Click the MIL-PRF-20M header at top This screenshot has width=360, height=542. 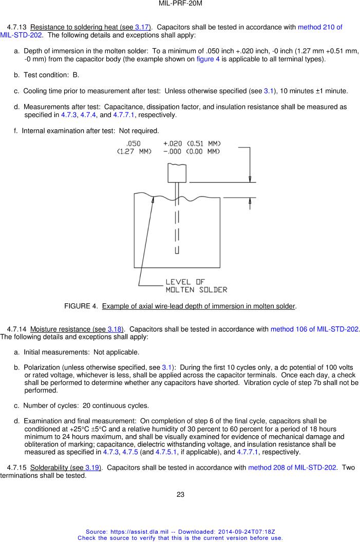180,4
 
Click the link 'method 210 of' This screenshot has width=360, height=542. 320,27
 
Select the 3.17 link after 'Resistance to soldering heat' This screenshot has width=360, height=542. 141,27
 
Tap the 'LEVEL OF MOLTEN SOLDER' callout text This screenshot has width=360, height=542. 196,286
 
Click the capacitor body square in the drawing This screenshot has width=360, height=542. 176,172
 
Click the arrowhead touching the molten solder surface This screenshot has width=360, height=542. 153,199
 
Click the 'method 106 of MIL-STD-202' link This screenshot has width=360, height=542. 314,329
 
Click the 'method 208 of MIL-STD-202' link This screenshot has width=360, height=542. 292,468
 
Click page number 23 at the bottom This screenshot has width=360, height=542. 180,495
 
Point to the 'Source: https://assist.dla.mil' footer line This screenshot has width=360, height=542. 180,532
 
